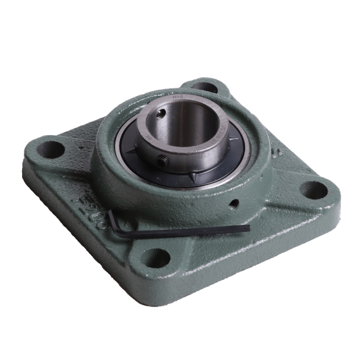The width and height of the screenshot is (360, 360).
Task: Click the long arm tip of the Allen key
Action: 247,227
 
